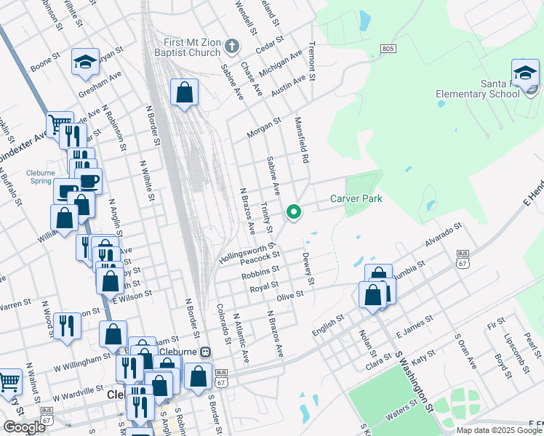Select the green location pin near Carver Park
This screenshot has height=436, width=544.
[294, 212]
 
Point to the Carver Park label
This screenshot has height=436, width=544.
[356, 198]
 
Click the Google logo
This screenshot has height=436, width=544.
[24, 427]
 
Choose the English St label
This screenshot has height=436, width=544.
[327, 323]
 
